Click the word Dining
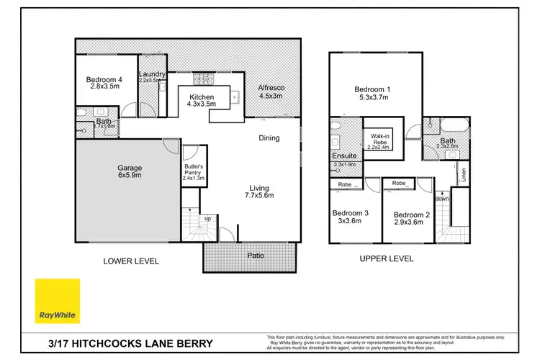point(269,138)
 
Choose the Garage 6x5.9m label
point(130,171)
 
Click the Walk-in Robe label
point(380,141)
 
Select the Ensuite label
point(345,156)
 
